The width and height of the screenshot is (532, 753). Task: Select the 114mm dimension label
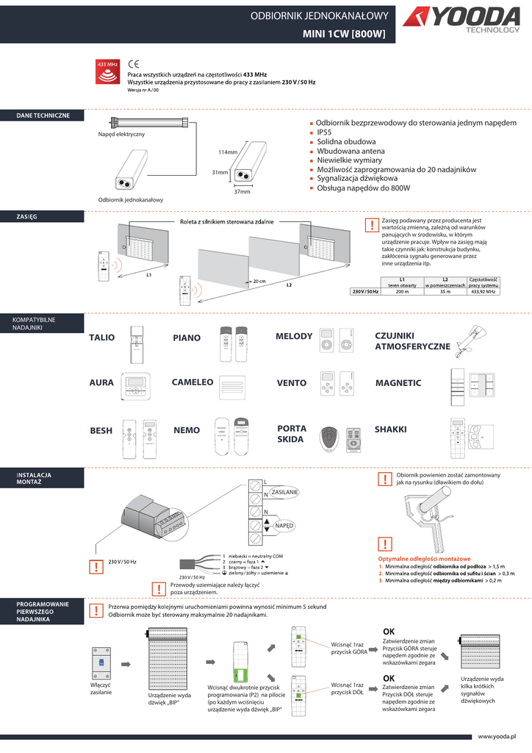click(x=227, y=152)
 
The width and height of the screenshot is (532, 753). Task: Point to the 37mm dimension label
click(x=242, y=192)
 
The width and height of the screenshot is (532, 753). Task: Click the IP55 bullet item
click(x=325, y=132)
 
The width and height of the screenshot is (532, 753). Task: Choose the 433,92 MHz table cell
click(x=483, y=292)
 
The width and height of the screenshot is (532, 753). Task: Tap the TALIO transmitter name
click(x=101, y=338)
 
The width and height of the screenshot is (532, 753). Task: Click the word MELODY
click(x=294, y=336)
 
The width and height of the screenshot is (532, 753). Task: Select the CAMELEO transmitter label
click(x=193, y=382)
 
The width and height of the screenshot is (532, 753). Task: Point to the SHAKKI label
click(x=390, y=429)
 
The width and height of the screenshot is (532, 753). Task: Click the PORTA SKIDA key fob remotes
click(x=342, y=438)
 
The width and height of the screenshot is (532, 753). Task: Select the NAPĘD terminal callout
click(x=284, y=527)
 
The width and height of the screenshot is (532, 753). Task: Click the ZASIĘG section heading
click(x=26, y=217)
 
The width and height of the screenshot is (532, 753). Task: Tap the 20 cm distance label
click(x=259, y=282)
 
